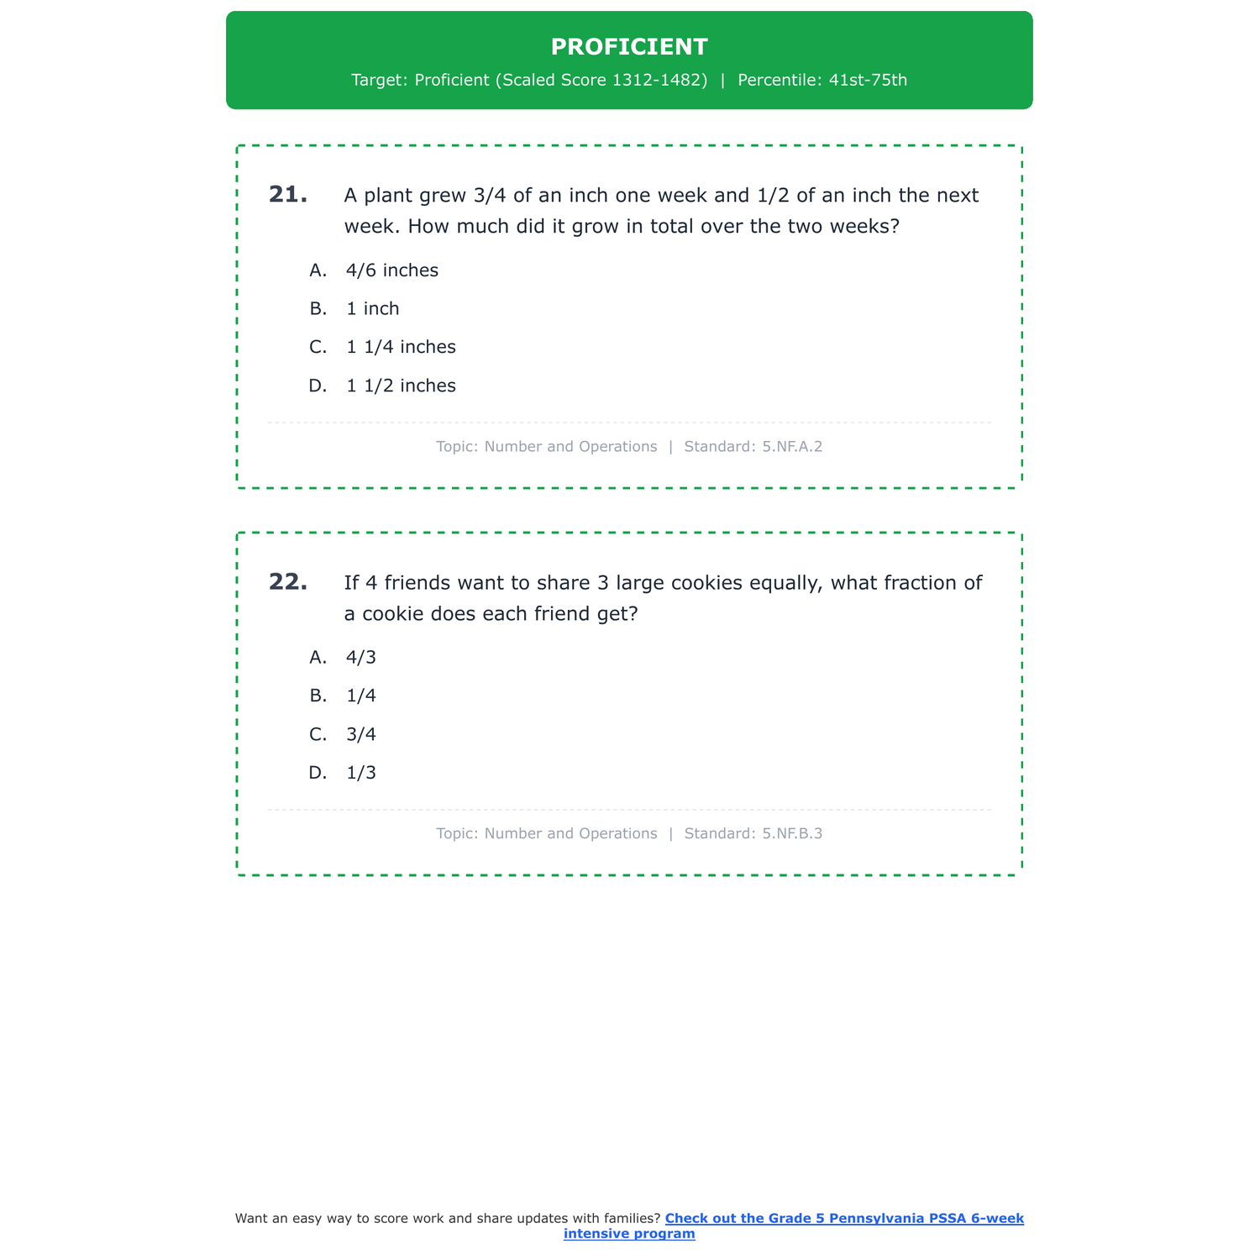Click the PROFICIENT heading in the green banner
coord(629,47)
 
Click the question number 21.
coord(287,195)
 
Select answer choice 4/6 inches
coord(392,270)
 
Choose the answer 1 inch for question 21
coord(373,309)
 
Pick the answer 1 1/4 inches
coord(401,348)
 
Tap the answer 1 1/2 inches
coord(401,386)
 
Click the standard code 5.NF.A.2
coord(792,447)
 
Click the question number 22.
coord(287,582)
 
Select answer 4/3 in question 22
coord(361,658)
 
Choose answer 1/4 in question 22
coord(361,696)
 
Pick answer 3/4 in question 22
coord(361,735)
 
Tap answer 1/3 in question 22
coord(361,774)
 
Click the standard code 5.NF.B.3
coord(792,834)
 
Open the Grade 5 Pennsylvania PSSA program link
coord(843,1219)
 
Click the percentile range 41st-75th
coord(868,81)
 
